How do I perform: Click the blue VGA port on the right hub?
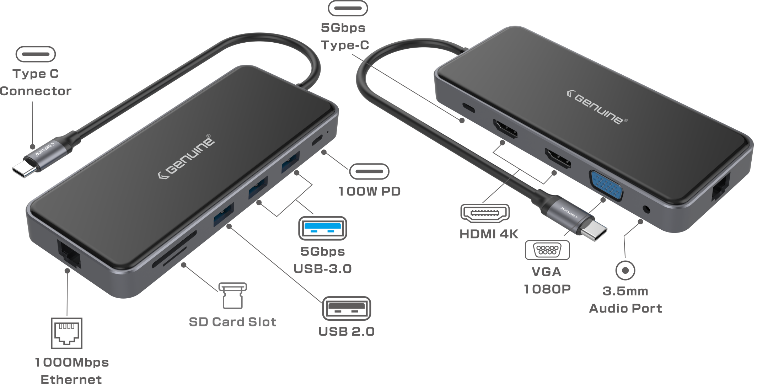(606, 185)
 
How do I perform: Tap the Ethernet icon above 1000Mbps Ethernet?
(67, 333)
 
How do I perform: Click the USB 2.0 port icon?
(347, 309)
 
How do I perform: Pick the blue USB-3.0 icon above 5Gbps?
(323, 228)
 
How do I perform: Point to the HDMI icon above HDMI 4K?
(485, 213)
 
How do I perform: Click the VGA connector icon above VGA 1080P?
(547, 250)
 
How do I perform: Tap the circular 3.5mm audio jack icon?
(625, 271)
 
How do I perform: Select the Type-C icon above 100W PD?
(369, 171)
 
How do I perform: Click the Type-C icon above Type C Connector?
(36, 54)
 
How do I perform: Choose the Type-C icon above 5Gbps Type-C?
(348, 8)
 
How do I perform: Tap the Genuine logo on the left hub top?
(186, 157)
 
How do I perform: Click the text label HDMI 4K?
(489, 234)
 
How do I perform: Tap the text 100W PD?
(369, 191)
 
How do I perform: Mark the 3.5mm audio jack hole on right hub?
(647, 209)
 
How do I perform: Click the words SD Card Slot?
(232, 322)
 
